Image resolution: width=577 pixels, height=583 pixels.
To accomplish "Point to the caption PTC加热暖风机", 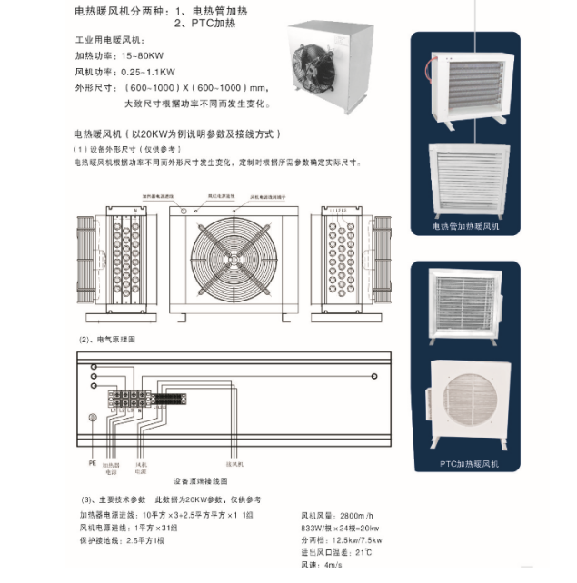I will (x=468, y=464).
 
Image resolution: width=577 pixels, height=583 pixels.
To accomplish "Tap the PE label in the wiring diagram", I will (x=91, y=461).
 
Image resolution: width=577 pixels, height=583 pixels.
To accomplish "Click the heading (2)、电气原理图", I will (x=107, y=338).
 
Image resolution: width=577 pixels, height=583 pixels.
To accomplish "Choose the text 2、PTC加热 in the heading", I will (x=199, y=26).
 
